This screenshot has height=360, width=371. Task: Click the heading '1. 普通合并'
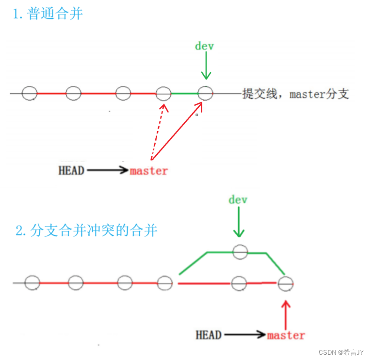click(48, 14)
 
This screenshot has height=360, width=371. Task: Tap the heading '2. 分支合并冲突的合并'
click(86, 230)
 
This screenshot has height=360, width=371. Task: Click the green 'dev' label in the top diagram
click(205, 46)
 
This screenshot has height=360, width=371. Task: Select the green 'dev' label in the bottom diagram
click(238, 199)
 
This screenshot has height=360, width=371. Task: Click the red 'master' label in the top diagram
click(149, 171)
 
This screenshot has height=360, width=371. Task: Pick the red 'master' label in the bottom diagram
click(286, 335)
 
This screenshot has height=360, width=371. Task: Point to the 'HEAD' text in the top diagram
click(71, 171)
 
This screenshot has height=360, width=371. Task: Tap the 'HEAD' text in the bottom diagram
click(209, 335)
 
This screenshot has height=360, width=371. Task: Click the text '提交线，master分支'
click(296, 94)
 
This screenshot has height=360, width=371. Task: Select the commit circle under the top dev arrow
click(205, 93)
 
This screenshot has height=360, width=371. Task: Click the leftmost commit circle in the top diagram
click(30, 93)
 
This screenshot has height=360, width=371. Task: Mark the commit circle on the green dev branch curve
click(240, 251)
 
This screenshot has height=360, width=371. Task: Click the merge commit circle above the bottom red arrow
click(286, 283)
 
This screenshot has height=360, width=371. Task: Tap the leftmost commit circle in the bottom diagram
click(32, 282)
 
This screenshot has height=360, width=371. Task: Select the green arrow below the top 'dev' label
click(206, 66)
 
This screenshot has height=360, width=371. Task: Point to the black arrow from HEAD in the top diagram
click(107, 171)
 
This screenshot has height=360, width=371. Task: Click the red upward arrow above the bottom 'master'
click(286, 313)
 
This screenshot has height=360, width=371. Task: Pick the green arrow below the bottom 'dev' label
click(238, 223)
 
